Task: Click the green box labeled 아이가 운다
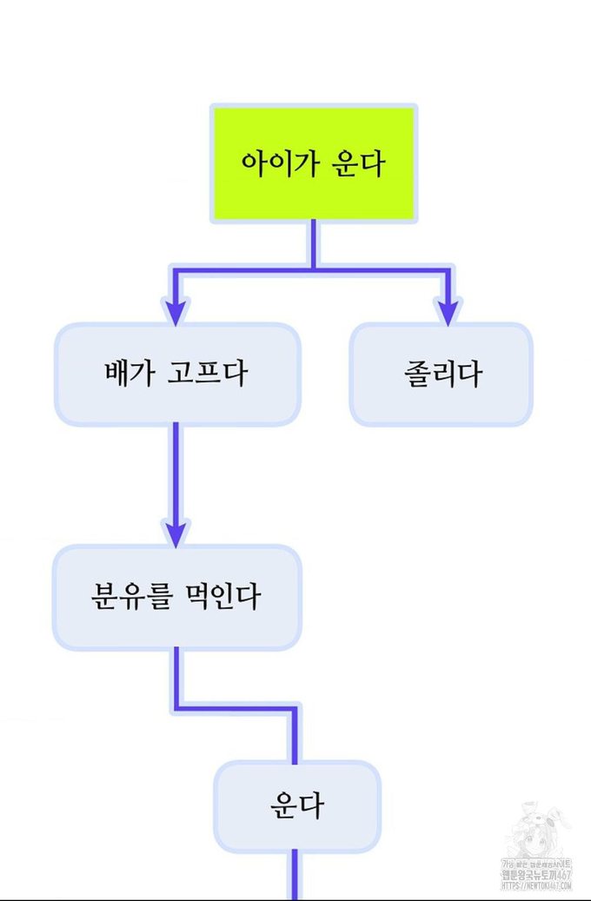click(x=314, y=163)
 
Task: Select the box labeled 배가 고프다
click(x=177, y=374)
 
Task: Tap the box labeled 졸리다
click(x=441, y=374)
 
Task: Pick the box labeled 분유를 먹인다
click(x=176, y=598)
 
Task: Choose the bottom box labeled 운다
click(x=297, y=805)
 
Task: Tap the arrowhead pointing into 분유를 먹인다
click(x=176, y=533)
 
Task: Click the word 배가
click(x=128, y=374)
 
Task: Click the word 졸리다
click(x=442, y=374)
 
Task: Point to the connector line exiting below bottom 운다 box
click(x=294, y=873)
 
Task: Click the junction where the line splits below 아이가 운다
click(x=314, y=269)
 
